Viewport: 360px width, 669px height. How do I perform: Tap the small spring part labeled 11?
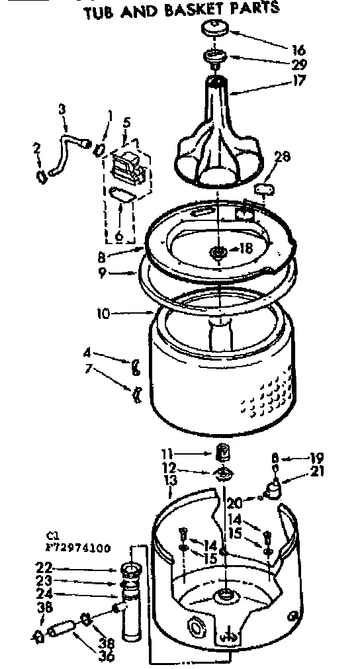pos(223,453)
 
